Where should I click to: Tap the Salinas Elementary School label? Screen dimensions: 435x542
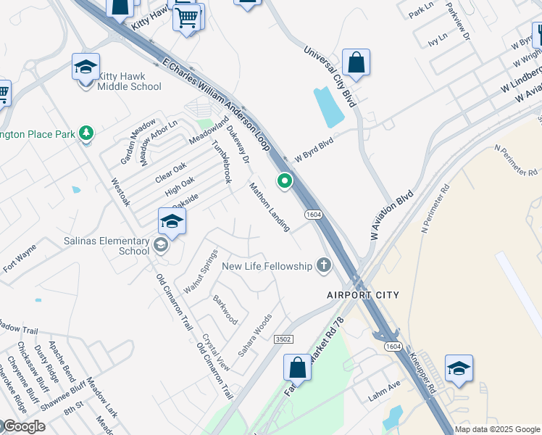[134, 246]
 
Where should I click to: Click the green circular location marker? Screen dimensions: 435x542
[285, 181]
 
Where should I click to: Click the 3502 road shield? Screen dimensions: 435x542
[283, 339]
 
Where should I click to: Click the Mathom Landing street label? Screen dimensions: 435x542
[270, 207]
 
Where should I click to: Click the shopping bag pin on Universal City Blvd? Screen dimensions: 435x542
[357, 63]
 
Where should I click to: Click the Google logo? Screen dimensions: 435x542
[23, 427]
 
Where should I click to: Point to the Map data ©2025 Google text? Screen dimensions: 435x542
[497, 429]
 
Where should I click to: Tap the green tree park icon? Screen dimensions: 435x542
[86, 133]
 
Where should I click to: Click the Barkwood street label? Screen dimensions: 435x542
[225, 309]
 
